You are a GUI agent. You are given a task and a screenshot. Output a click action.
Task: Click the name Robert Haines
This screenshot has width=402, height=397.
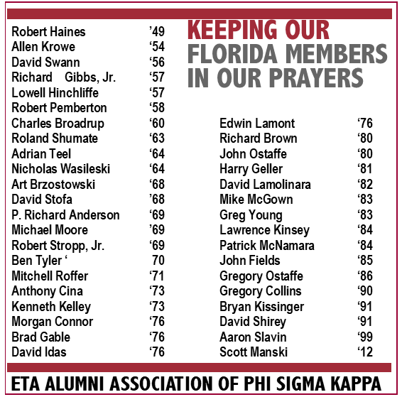pos(48,32)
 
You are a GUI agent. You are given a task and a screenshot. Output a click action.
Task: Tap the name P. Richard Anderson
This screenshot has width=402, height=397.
pos(65,215)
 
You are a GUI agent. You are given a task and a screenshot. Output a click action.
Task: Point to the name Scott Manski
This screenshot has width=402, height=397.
pos(254,352)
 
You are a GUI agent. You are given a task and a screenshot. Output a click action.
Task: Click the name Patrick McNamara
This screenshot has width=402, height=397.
pos(266,246)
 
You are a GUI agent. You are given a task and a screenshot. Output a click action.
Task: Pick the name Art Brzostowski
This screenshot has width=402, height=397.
pos(53,185)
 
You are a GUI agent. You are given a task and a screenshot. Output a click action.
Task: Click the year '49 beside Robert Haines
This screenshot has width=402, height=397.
pos(156,32)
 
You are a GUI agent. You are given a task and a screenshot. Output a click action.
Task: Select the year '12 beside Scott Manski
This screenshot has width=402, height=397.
pos(365,352)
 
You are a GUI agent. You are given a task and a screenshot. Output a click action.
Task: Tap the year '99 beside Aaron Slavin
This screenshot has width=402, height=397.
pos(365,337)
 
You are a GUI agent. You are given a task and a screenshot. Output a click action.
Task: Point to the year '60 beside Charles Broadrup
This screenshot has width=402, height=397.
pos(156,123)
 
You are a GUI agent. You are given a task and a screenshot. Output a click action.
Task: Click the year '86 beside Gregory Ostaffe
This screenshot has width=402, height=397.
pos(365,276)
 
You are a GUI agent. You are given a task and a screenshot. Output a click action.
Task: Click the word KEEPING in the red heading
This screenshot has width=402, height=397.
pos(229,31)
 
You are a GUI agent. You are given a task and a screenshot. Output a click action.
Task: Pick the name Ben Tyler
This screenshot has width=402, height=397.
pos(40,261)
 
